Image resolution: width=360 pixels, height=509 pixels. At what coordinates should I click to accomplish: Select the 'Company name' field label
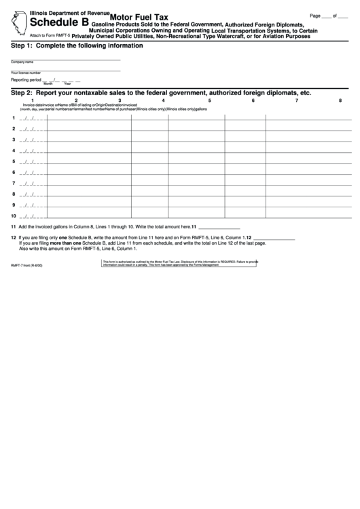pos(22,62)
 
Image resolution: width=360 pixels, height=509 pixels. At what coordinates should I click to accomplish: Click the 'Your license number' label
pos(26,72)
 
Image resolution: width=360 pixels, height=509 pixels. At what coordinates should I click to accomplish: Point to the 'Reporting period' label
pos(26,80)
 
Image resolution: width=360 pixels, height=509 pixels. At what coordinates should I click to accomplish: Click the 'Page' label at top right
pos(314,15)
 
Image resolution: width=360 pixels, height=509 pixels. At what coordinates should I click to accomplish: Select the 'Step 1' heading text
pos(76,46)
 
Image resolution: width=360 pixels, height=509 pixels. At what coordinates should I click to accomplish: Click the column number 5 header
pos(209,101)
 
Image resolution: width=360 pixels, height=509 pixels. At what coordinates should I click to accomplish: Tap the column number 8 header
pos(340,101)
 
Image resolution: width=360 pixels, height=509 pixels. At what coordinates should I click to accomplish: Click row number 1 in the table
pos(14,118)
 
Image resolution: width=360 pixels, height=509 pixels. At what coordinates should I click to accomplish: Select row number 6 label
pos(14,172)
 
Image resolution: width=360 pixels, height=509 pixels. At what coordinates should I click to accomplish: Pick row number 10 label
pos(14,215)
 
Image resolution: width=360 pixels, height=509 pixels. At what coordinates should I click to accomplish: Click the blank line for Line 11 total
pos(219,226)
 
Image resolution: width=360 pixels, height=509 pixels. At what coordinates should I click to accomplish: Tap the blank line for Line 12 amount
pos(273,237)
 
